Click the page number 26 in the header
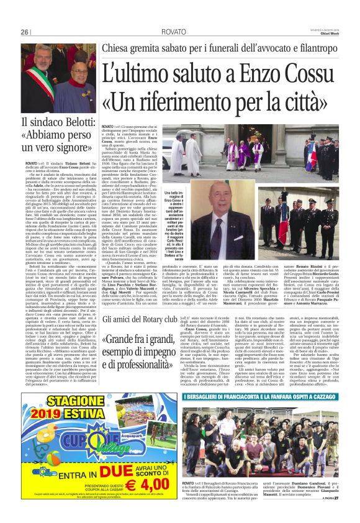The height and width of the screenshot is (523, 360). (24, 32)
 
